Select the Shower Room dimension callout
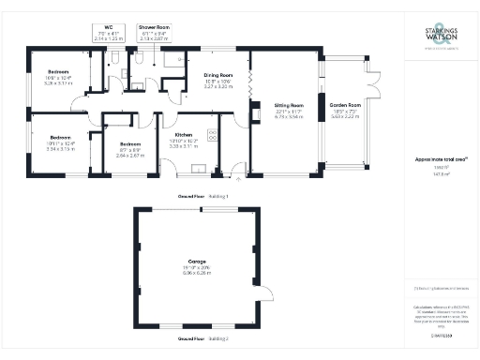click(x=154, y=34)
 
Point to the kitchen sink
click(x=197, y=170)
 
